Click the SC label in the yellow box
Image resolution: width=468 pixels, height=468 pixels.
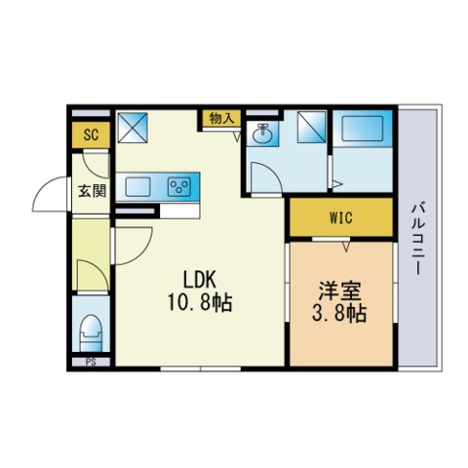(91, 135)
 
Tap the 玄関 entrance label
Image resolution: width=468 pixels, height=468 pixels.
(92, 191)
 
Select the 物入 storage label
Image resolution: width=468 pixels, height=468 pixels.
(221, 119)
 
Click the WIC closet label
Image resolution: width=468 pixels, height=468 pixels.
(341, 217)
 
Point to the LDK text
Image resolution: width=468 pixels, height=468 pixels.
(200, 280)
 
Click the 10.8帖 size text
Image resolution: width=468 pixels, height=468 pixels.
(200, 302)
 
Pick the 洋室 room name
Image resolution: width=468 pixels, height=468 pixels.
(339, 291)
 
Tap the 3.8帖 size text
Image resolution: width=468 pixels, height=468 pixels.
(339, 313)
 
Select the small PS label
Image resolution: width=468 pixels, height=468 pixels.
(91, 362)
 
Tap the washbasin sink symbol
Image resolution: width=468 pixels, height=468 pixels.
(262, 134)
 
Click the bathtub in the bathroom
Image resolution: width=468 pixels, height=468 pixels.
(363, 129)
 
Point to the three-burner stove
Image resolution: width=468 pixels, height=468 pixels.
(179, 187)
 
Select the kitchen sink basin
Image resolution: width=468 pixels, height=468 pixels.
(137, 187)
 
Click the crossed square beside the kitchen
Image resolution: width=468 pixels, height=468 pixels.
(133, 128)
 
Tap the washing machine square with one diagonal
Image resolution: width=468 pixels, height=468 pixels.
(312, 127)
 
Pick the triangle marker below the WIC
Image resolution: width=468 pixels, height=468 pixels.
(346, 246)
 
